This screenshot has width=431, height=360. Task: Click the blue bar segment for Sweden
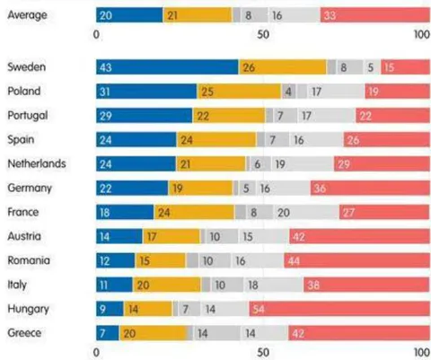click(167, 66)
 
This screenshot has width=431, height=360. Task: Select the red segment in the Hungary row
click(339, 309)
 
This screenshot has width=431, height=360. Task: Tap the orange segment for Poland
click(239, 91)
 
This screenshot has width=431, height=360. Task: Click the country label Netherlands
click(37, 163)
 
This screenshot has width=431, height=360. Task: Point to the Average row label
click(27, 14)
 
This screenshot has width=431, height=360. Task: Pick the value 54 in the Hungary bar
click(259, 309)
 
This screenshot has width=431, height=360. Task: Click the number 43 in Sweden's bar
click(105, 67)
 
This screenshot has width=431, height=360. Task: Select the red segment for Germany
click(370, 188)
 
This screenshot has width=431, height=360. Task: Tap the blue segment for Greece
click(108, 333)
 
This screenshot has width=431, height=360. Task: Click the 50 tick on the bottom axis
click(263, 353)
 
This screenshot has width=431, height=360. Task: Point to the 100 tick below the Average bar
click(422, 34)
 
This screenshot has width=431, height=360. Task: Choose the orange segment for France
click(194, 212)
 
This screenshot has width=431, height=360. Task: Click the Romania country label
click(29, 260)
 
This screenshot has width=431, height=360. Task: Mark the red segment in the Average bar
click(375, 15)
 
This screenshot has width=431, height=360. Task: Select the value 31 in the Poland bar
click(105, 92)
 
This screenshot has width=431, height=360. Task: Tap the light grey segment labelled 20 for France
click(306, 212)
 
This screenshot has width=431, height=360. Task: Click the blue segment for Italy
click(114, 285)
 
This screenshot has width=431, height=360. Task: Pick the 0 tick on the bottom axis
click(96, 353)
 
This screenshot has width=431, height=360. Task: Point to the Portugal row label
click(28, 116)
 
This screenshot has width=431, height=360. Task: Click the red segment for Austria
click(360, 236)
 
